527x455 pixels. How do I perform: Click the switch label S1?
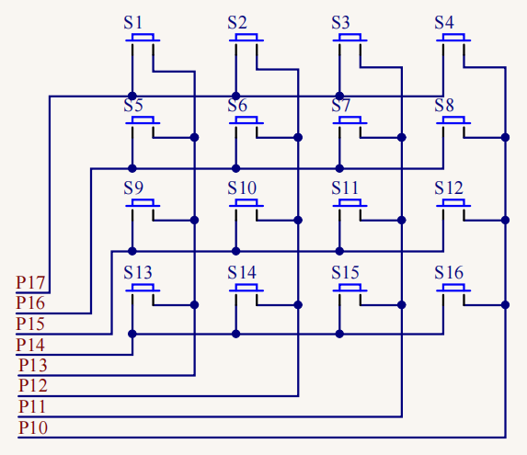[x=133, y=22]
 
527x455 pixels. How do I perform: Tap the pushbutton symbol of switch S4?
[x=455, y=39]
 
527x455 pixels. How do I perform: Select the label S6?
[x=237, y=106]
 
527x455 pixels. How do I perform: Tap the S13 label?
[x=138, y=272]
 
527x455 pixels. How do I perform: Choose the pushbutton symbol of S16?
[x=455, y=289]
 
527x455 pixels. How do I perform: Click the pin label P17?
[x=32, y=282]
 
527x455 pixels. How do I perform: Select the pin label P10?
[x=33, y=427]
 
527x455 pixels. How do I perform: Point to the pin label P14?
[x=32, y=345]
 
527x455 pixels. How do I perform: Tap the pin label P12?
[x=33, y=385]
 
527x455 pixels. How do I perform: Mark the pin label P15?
[x=32, y=324]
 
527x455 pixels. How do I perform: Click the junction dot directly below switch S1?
[x=132, y=96]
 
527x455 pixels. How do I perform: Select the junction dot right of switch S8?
[x=505, y=137]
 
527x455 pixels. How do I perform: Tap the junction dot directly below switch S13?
[x=132, y=334]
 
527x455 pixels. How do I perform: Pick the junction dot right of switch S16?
[x=505, y=303]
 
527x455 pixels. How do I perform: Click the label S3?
[x=341, y=22]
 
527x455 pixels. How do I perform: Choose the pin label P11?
[x=33, y=406]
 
